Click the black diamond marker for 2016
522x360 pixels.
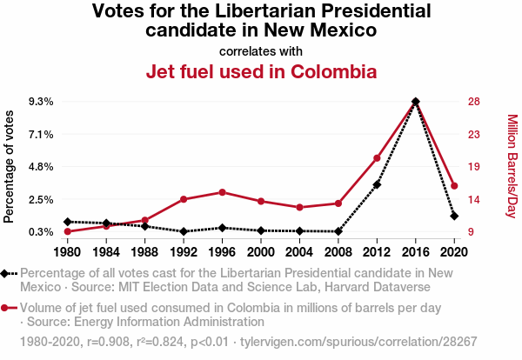pos(416,102)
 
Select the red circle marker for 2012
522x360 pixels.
pos(378,158)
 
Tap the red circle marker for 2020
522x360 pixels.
pos(454,186)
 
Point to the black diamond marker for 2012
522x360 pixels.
pos(378,184)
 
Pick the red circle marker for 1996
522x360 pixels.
pos(223,192)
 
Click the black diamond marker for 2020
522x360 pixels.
pos(454,216)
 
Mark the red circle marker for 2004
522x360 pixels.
pos(300,208)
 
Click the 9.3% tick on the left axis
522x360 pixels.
pos(41,102)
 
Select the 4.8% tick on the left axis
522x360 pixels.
pos(41,166)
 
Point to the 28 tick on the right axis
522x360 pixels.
pos(474,102)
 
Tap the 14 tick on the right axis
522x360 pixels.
pos(474,199)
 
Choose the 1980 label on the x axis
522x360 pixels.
pos(67,252)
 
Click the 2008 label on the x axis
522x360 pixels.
pos(338,252)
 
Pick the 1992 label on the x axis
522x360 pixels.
pos(184,252)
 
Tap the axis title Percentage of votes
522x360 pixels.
pos(10,166)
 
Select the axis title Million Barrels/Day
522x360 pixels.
pos(512,166)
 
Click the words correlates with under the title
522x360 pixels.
pos(261,50)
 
